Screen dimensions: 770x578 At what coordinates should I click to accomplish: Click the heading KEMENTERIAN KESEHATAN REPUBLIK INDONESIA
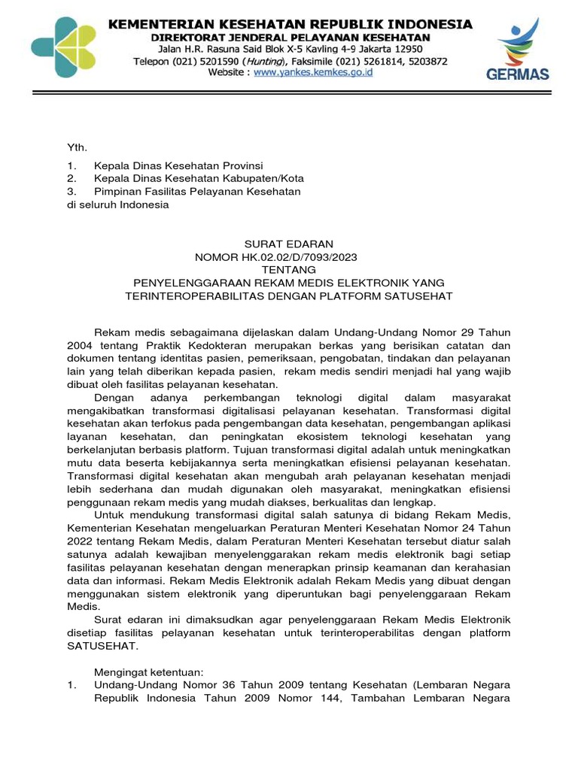point(291,24)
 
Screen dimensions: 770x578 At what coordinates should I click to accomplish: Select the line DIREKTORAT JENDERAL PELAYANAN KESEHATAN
point(291,37)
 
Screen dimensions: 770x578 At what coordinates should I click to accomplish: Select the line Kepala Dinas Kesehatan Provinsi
point(178,165)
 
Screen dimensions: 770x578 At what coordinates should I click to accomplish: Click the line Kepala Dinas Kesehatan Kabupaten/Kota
point(199,178)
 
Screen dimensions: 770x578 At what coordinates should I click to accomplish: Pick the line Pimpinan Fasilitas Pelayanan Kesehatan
point(197,191)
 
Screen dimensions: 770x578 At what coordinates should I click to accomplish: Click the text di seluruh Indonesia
point(118,204)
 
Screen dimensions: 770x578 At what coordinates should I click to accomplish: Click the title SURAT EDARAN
point(289,244)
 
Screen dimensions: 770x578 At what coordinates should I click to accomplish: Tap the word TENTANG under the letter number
point(289,269)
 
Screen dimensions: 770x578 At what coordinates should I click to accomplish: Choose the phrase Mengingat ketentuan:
point(149,671)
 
